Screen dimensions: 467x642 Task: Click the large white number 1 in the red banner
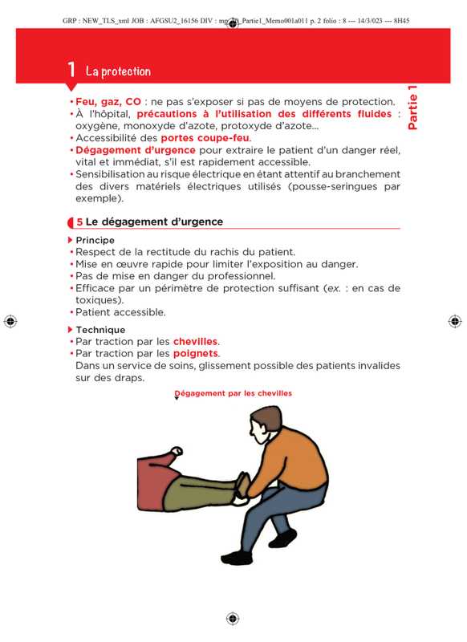pyautogui.click(x=71, y=70)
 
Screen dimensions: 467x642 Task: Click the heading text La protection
pyautogui.click(x=118, y=71)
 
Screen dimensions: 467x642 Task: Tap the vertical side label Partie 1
pyautogui.click(x=412, y=108)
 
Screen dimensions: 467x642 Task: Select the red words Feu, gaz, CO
pyautogui.click(x=108, y=102)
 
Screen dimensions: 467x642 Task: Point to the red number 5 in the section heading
pyautogui.click(x=79, y=222)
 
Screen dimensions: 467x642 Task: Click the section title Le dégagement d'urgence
pyautogui.click(x=154, y=221)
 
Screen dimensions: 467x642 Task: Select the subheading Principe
pyautogui.click(x=95, y=240)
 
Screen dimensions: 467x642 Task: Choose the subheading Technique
pyautogui.click(x=100, y=330)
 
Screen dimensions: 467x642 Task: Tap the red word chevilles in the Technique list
pyautogui.click(x=195, y=342)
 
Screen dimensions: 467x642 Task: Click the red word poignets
pyautogui.click(x=196, y=353)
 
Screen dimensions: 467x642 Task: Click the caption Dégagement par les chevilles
pyautogui.click(x=233, y=393)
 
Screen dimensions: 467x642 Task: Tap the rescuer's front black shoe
pyautogui.click(x=237, y=558)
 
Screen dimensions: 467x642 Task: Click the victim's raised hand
pyautogui.click(x=177, y=451)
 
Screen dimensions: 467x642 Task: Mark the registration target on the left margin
pyautogui.click(x=10, y=322)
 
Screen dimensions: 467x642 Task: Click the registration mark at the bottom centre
pyautogui.click(x=233, y=618)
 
